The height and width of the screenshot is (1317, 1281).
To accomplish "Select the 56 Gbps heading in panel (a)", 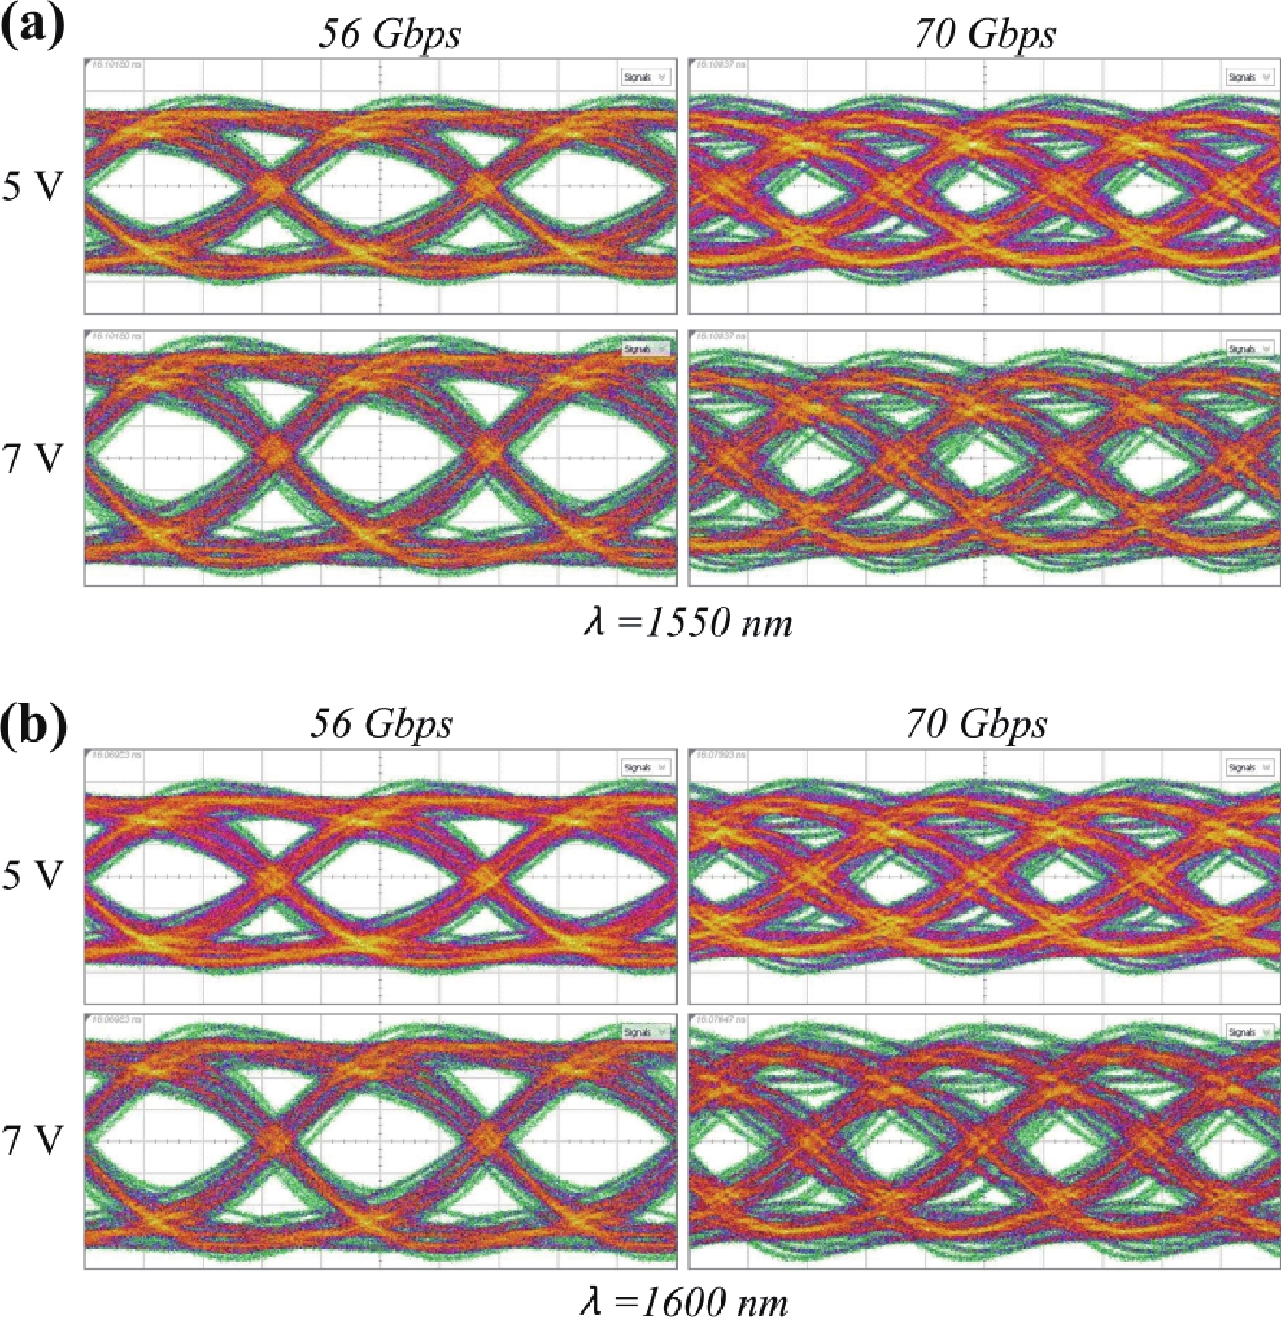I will [389, 34].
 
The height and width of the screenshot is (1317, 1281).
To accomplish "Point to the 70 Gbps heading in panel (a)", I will [985, 34].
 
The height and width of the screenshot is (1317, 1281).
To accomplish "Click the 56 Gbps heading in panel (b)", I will [381, 723].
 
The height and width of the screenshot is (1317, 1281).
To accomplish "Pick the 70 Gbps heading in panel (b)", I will [977, 723].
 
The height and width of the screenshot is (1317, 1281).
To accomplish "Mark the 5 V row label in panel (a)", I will [33, 186].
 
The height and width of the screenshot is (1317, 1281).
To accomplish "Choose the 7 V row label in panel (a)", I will [33, 459].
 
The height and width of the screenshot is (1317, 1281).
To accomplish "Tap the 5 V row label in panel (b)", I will [33, 876].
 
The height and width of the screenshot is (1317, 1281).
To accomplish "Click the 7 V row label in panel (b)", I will [33, 1140].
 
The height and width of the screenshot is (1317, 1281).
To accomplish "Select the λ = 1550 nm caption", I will [687, 623].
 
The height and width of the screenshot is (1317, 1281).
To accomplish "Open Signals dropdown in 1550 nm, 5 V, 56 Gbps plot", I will [645, 77].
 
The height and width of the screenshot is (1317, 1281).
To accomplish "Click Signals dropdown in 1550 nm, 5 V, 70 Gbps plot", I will [1249, 77].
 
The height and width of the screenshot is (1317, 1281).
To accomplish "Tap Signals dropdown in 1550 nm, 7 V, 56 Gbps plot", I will [645, 349].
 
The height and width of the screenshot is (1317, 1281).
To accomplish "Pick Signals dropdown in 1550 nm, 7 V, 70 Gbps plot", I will [1249, 349].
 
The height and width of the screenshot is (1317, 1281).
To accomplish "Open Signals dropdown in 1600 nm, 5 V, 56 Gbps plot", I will [645, 767].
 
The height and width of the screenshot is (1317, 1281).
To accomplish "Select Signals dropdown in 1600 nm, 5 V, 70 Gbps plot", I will [1249, 767].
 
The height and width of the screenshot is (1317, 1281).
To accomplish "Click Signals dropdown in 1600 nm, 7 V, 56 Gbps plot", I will [645, 1031].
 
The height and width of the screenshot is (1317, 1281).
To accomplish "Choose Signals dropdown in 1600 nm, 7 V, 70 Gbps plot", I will [1249, 1031].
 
